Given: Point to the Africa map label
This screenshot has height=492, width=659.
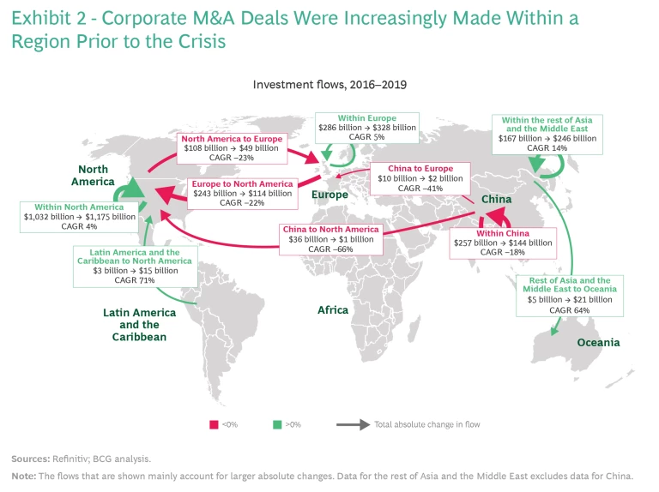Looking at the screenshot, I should click(x=332, y=309).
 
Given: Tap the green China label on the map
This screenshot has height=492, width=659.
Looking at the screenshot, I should click(x=496, y=200).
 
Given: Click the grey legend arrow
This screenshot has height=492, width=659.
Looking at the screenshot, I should click(x=352, y=423).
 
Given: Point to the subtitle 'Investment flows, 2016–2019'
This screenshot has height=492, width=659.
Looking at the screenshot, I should click(x=329, y=85).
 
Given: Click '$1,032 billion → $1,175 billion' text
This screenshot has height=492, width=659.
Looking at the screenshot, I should click(x=80, y=217).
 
